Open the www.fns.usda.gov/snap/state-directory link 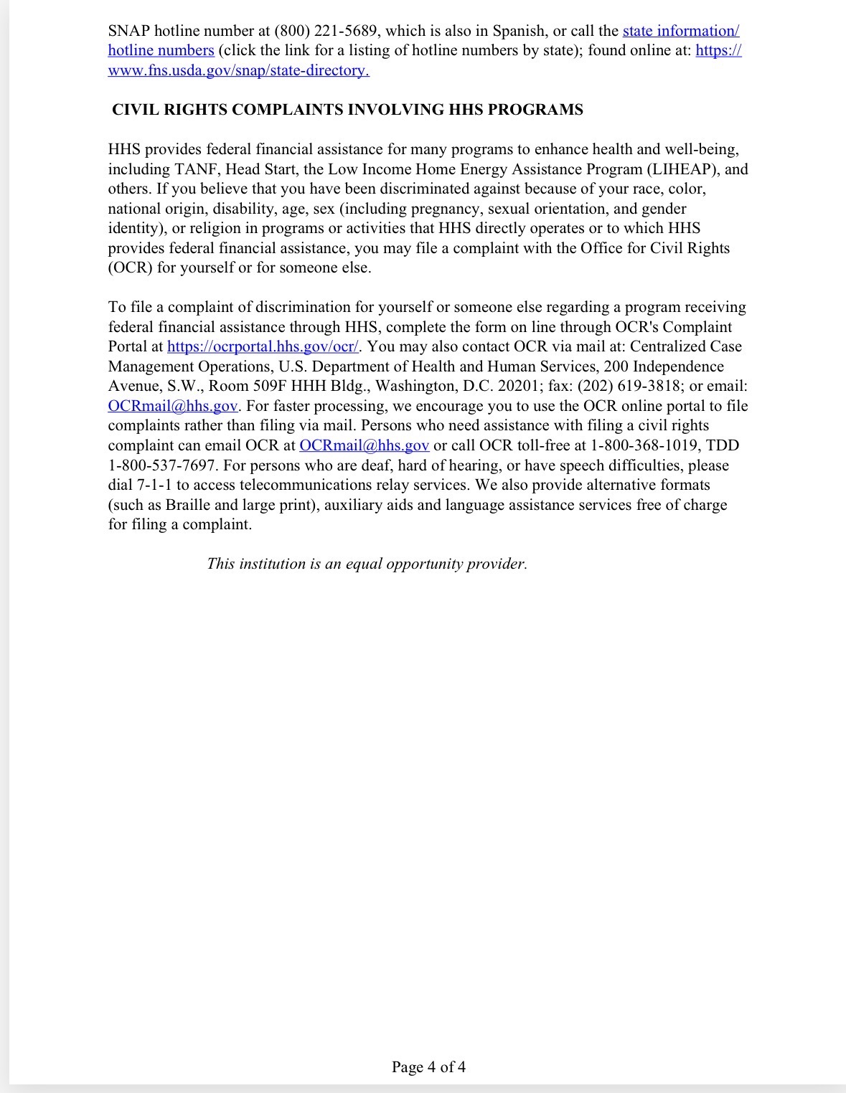click(x=238, y=70)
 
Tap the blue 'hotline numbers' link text click(x=161, y=50)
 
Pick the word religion click(x=206, y=228)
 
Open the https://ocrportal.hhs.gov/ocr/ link click(x=263, y=346)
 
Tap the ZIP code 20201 click(x=521, y=386)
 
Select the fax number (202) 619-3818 click(x=632, y=386)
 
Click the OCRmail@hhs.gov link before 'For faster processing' click(x=172, y=406)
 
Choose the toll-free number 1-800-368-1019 click(x=645, y=445)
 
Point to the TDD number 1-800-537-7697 click(x=161, y=465)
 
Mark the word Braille click(x=188, y=505)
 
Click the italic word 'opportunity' click(x=424, y=564)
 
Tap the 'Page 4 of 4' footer click(x=428, y=1067)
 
